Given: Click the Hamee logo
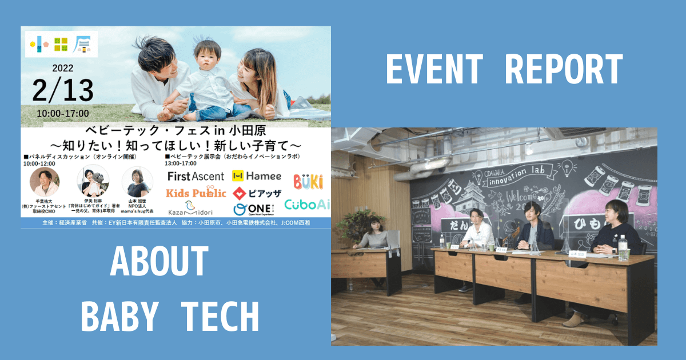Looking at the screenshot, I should tap(257, 176).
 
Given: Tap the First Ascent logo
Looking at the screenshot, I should tap(196, 176).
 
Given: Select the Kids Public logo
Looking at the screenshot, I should tap(196, 193).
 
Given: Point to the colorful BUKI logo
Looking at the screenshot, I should tap(308, 182).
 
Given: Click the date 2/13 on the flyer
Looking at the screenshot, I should tap(62, 90).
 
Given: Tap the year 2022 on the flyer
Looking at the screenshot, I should tap(63, 67).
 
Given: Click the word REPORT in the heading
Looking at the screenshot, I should tap(564, 70).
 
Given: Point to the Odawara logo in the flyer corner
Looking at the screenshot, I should tap(61, 43).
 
